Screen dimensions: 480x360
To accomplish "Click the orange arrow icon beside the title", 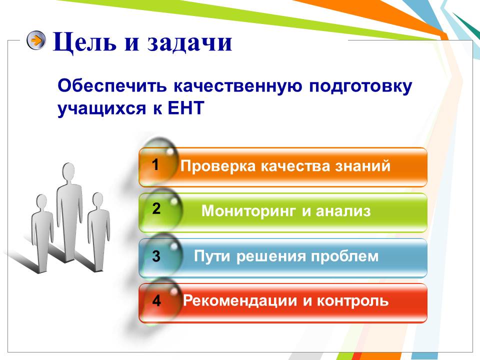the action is tap(36, 40).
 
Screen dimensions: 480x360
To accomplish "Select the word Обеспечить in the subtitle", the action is tap(112, 86).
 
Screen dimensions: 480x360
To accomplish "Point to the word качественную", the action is tap(238, 86).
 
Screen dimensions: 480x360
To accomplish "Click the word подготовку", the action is tap(360, 86).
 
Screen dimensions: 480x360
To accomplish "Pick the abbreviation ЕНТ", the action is tap(186, 108).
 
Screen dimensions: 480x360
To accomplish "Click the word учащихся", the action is tap(101, 109).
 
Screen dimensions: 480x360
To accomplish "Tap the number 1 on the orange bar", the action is tap(155, 164).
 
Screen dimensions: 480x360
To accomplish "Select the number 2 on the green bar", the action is tap(156, 209).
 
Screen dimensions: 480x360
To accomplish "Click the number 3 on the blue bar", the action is tap(156, 256).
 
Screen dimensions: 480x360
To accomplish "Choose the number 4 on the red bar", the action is tap(156, 300).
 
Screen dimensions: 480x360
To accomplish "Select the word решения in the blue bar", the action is tap(271, 256).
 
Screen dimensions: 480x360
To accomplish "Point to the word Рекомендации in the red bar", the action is tap(240, 301).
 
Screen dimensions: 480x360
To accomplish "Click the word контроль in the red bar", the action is tap(352, 301).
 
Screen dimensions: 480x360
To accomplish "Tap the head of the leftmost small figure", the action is tap(41, 202).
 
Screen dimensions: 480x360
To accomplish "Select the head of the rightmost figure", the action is tap(98, 200).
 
